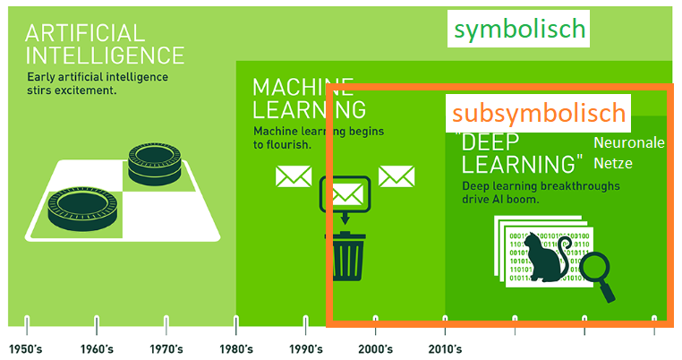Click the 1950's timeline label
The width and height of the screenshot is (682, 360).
tap(26, 349)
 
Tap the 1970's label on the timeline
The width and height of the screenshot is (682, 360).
tap(166, 349)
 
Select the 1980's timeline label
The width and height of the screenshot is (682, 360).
tap(236, 349)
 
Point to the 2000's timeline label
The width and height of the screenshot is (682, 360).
tap(375, 349)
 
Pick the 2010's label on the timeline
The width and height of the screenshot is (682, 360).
tap(445, 349)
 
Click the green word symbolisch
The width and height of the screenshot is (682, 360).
tap(519, 30)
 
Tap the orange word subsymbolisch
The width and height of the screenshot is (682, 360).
tap(539, 113)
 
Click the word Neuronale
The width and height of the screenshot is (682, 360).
tap(629, 142)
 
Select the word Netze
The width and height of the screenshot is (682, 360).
tap(613, 163)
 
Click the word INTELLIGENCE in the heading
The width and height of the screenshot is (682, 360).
tap(105, 56)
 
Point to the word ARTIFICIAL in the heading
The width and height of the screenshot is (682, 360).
tap(84, 33)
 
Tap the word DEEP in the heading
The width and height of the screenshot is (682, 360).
tap(490, 142)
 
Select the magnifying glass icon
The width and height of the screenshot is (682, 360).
tap(598, 275)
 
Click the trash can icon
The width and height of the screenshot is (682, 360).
tap(346, 256)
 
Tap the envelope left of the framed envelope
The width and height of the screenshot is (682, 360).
tap(294, 176)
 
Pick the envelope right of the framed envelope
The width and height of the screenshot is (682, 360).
tap(396, 176)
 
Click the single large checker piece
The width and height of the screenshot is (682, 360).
tap(82, 209)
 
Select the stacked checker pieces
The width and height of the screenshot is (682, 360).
tap(155, 164)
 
